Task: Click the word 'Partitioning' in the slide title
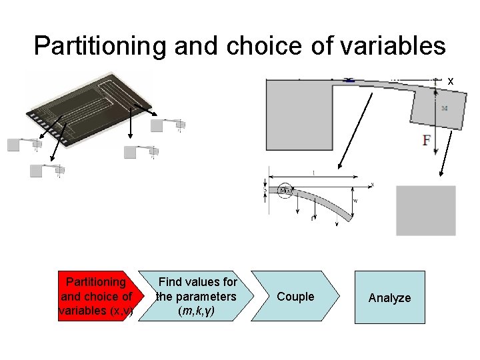[x=93, y=46]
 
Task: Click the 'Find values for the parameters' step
[x=197, y=296]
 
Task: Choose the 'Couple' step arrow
[x=295, y=297]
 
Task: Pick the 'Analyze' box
[x=389, y=297]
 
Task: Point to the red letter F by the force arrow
[x=426, y=140]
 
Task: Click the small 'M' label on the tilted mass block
[x=444, y=107]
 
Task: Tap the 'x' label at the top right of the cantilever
[x=451, y=81]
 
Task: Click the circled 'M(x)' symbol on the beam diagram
[x=286, y=191]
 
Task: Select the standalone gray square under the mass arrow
[x=426, y=210]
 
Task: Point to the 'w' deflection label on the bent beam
[x=355, y=199]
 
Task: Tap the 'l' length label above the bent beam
[x=313, y=173]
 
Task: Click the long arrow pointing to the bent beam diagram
[x=355, y=130]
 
